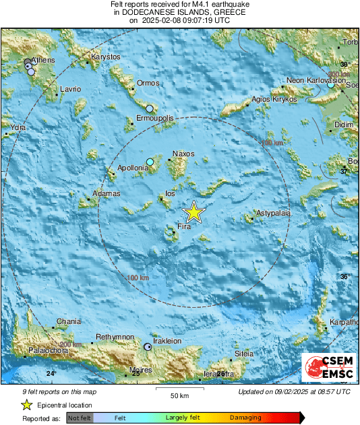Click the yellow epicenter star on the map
coord(194,212)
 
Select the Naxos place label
coord(183,154)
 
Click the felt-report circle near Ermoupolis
coord(150,108)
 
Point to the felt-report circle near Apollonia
coord(150,162)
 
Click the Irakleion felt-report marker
coord(148,346)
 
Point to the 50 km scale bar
coord(179,389)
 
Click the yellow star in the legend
coord(26,405)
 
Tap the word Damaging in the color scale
coord(245,418)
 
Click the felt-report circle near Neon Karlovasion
coord(330,84)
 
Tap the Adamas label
coord(106,193)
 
